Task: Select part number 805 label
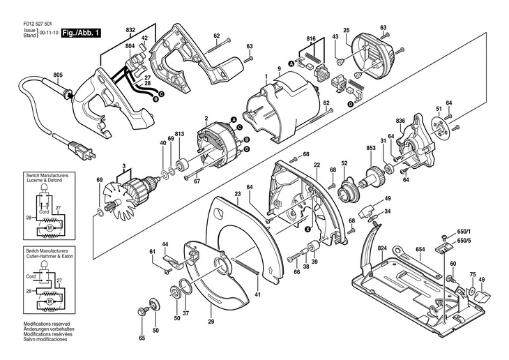[58, 75]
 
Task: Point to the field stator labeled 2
[217, 145]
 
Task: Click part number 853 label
[371, 148]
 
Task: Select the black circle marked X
[307, 229]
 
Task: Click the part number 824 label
[382, 248]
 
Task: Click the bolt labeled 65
[142, 311]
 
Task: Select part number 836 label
[401, 121]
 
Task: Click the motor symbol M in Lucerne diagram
[50, 227]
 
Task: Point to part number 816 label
[311, 38]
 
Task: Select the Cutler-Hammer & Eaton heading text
[50, 256]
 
